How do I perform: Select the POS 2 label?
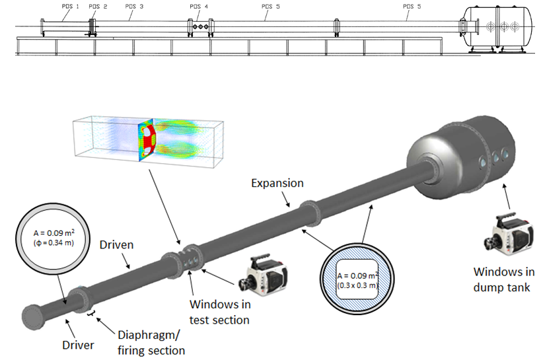(97, 6)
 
